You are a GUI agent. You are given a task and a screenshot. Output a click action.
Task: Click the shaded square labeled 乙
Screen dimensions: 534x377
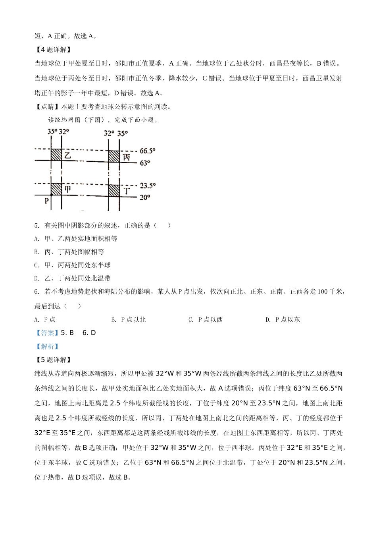pos(56,155)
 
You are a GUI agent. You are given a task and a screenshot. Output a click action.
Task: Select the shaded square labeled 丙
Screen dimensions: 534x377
pos(114,156)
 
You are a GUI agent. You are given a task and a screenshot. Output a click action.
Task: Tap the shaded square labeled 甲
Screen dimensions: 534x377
pos(56,189)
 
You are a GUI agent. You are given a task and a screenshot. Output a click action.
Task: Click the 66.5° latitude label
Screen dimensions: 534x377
pos(147,151)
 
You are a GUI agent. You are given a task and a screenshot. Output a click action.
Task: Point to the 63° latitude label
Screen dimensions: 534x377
pos(145,163)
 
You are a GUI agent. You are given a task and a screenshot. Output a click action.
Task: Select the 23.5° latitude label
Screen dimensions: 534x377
pos(148,186)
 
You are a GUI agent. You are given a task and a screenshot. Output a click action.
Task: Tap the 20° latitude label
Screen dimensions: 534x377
pos(145,197)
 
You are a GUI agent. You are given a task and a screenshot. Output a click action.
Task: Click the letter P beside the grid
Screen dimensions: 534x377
pos(46,201)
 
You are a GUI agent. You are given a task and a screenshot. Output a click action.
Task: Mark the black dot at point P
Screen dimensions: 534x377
pos(51,195)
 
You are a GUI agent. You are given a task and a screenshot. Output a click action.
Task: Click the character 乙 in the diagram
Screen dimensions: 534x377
pos(68,155)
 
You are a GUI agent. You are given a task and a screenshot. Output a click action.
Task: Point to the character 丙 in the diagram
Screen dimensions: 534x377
pos(126,157)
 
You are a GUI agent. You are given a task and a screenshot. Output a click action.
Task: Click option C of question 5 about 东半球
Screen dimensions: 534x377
pos(73,265)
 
